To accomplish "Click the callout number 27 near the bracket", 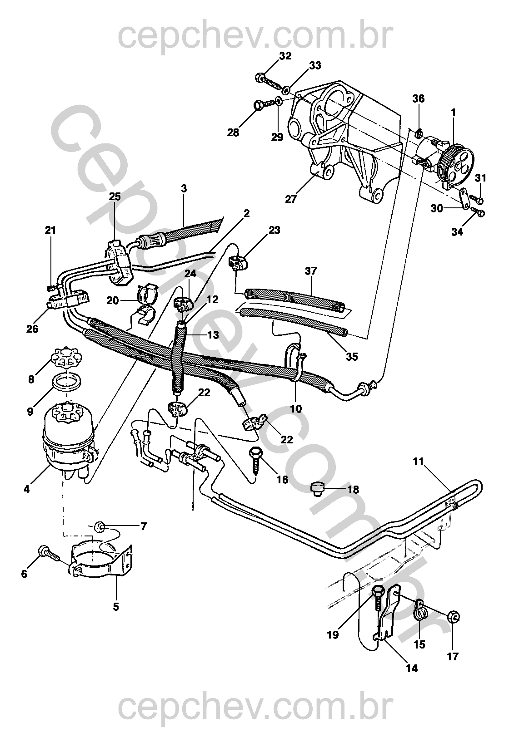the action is [x=290, y=199].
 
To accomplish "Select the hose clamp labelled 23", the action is [x=236, y=263].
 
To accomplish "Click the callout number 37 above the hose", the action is [x=311, y=271].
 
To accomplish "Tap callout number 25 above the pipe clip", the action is [x=115, y=197].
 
